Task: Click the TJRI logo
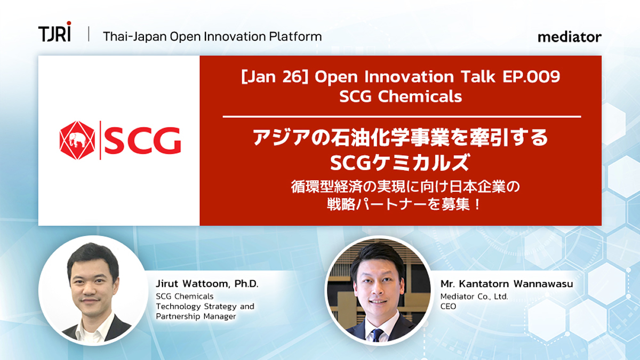click(x=54, y=31)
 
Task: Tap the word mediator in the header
click(x=570, y=37)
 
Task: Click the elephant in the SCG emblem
click(x=77, y=140)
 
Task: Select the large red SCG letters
click(x=142, y=140)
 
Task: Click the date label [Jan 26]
click(x=275, y=77)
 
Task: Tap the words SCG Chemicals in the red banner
click(x=401, y=97)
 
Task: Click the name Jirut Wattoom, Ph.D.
click(x=207, y=284)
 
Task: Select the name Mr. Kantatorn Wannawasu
click(x=507, y=284)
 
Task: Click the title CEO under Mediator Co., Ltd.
click(x=449, y=306)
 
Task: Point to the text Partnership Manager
click(x=196, y=317)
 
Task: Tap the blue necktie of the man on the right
click(x=378, y=335)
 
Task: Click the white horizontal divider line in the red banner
click(x=402, y=117)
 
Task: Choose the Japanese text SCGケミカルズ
click(x=400, y=162)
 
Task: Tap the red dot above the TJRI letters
click(x=69, y=23)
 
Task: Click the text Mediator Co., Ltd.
click(x=474, y=297)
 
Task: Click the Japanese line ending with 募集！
click(x=403, y=205)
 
